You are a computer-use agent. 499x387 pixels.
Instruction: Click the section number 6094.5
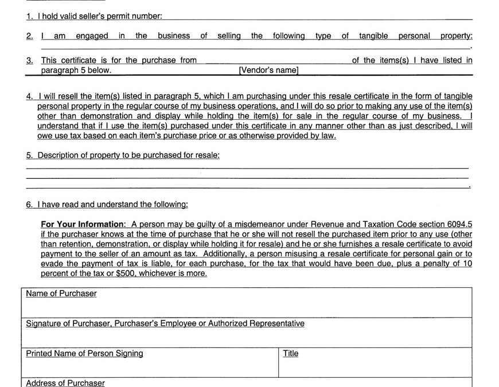pyautogui.click(x=460, y=224)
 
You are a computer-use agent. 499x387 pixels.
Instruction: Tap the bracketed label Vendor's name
pyautogui.click(x=268, y=71)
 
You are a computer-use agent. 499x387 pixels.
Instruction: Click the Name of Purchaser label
pyautogui.click(x=61, y=294)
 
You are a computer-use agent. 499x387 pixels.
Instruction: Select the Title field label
pyautogui.click(x=291, y=354)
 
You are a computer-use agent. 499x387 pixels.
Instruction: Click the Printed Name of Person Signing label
pyautogui.click(x=84, y=354)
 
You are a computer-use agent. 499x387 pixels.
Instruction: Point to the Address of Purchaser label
pyautogui.click(x=65, y=383)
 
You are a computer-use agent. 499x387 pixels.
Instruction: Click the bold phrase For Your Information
pyautogui.click(x=83, y=224)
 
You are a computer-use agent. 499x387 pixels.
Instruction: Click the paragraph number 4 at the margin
pyautogui.click(x=29, y=96)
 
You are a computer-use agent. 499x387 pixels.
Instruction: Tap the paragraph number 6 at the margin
pyautogui.click(x=29, y=204)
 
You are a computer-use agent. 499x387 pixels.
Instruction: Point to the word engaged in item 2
pyautogui.click(x=92, y=36)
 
